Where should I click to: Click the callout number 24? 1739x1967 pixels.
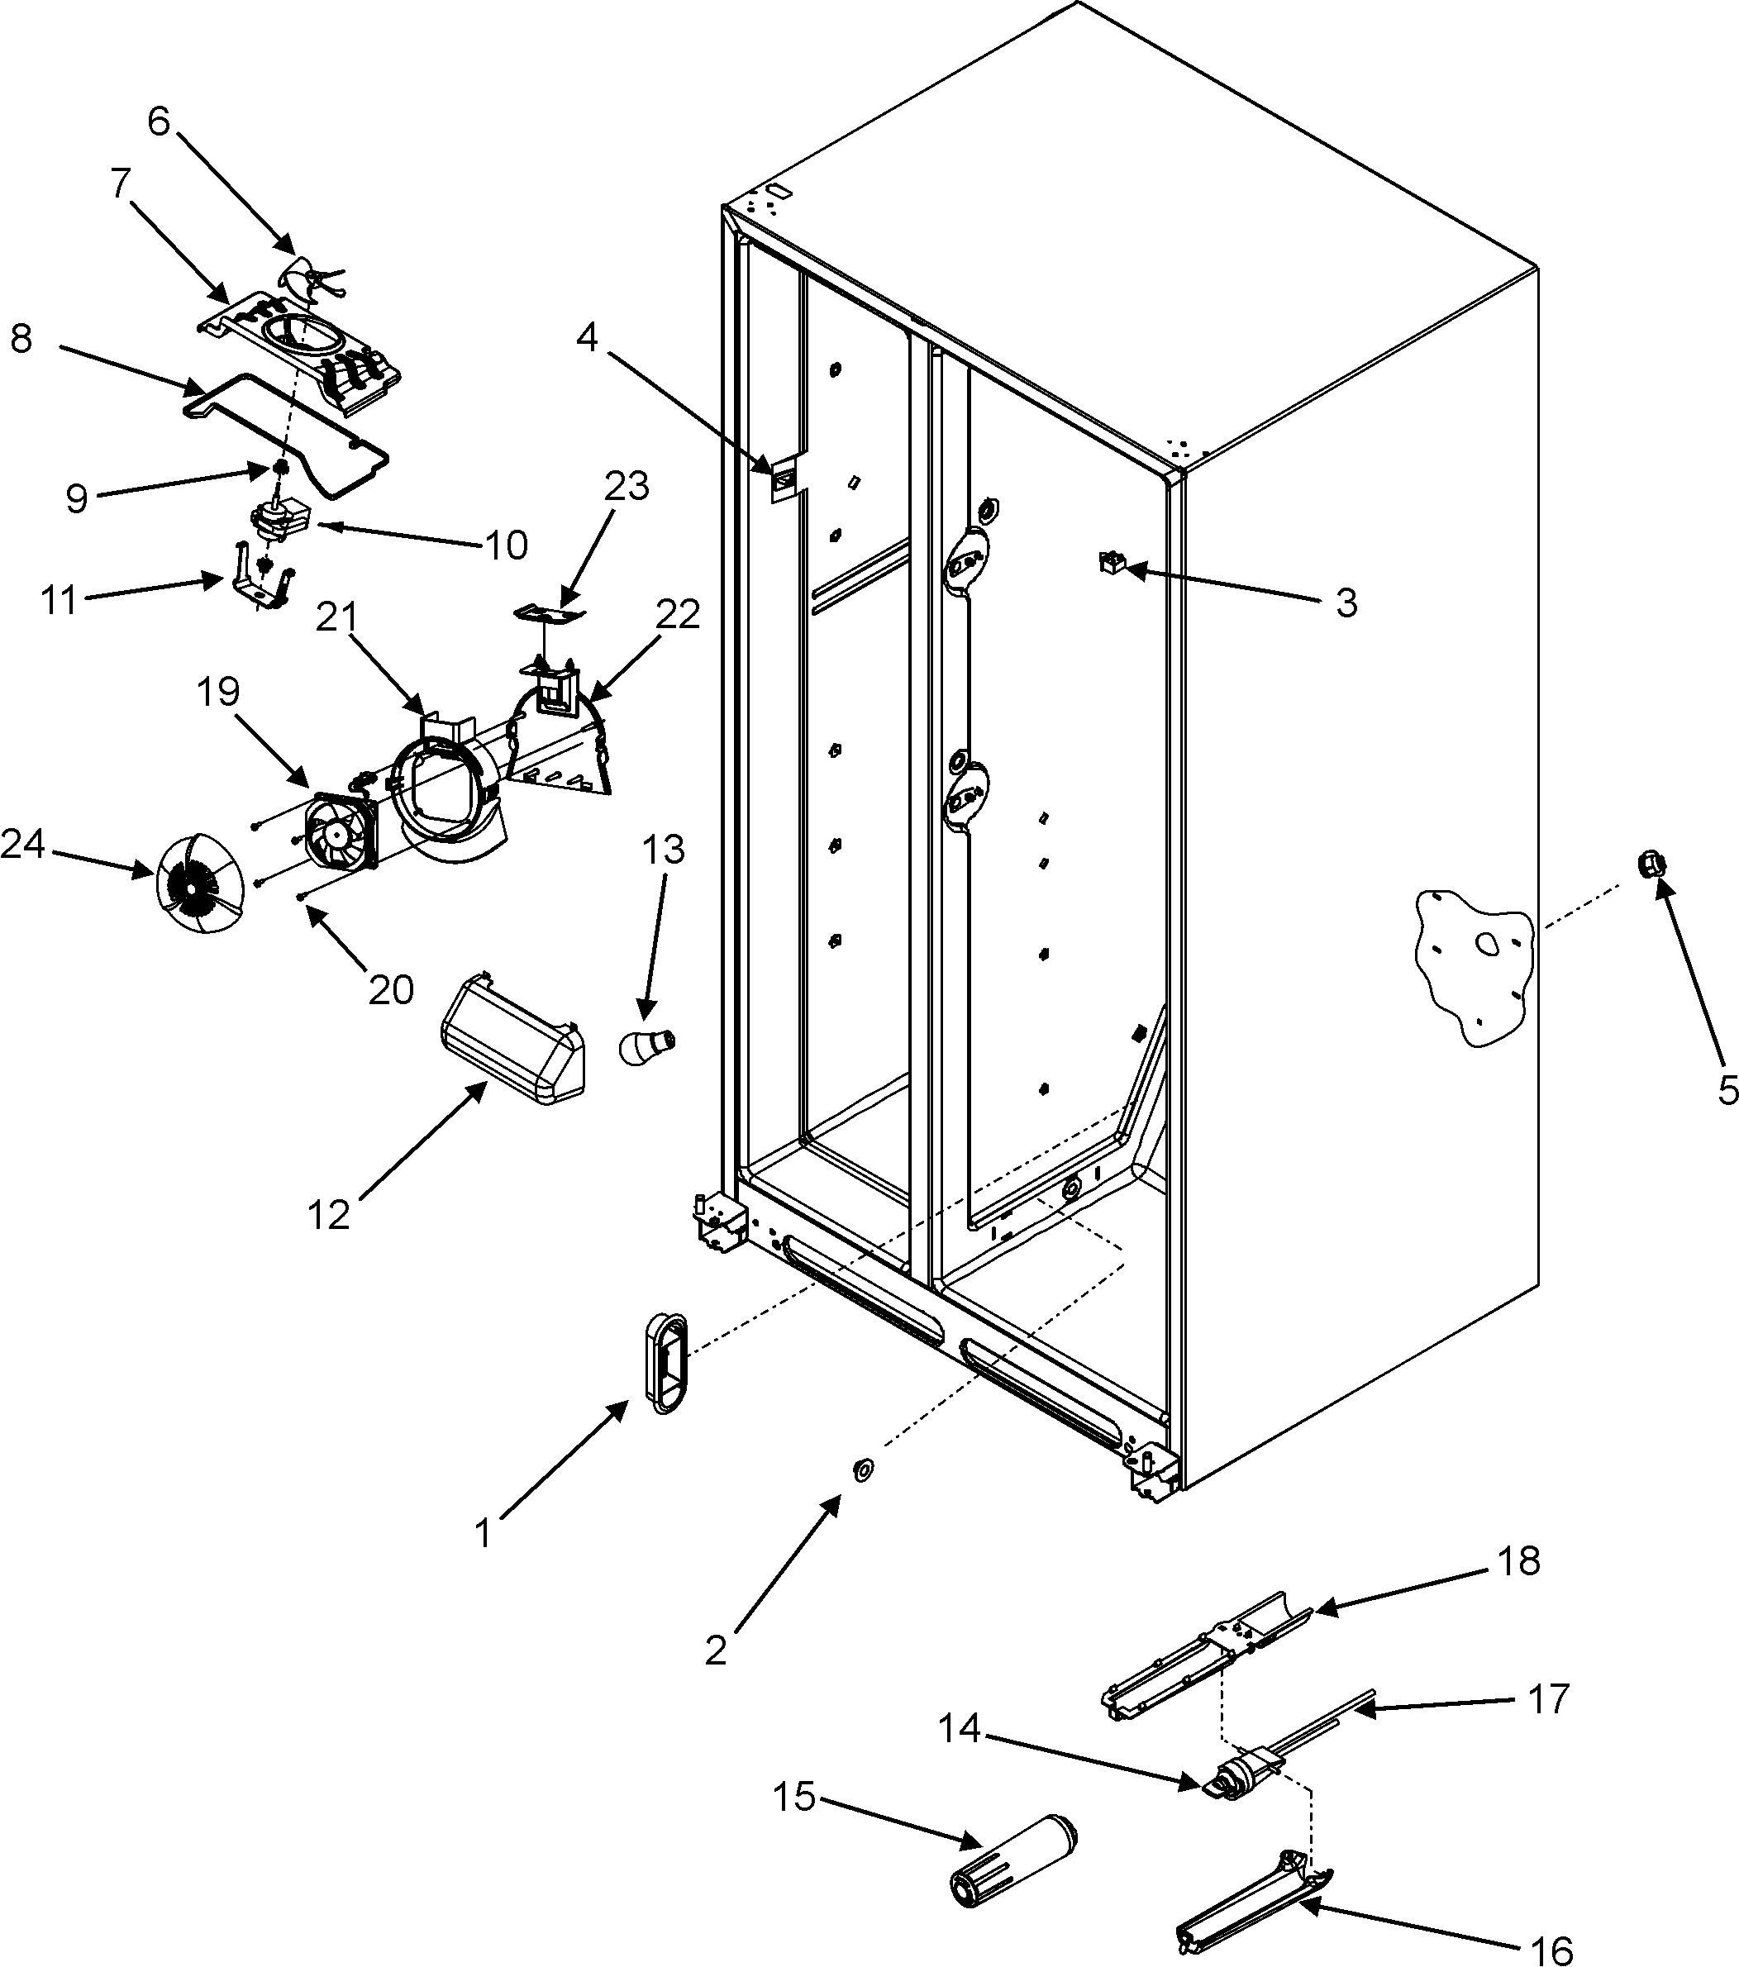tap(22, 845)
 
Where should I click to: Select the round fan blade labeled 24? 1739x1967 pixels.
tap(198, 883)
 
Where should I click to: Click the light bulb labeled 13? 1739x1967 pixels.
tap(646, 1044)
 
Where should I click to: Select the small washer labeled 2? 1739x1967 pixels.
tap(862, 1469)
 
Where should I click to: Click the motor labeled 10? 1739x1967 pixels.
tap(279, 520)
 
